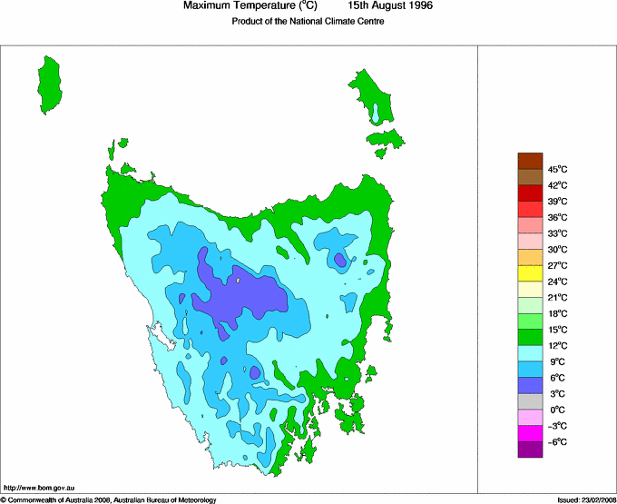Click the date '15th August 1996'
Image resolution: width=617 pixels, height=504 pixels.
pos(391,6)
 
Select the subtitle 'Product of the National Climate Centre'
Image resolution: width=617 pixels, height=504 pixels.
pos(308,21)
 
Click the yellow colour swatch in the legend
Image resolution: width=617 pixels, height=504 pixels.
pos(530,273)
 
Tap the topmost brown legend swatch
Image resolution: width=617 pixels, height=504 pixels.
pos(530,161)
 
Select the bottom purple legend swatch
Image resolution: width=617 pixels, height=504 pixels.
pos(530,450)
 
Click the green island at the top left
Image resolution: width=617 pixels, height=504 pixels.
pos(54,84)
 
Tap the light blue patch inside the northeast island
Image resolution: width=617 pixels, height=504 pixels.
pos(375,114)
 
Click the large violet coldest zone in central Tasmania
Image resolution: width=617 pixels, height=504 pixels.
pos(240,296)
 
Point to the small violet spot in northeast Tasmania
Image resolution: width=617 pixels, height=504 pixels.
pos(339,261)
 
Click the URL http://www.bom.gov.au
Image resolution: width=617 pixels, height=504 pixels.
pos(37,489)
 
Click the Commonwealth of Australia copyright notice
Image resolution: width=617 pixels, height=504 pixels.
pos(109,499)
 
